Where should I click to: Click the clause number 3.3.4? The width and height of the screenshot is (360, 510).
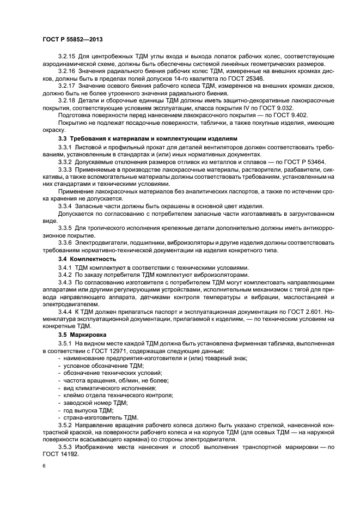[67, 205]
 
